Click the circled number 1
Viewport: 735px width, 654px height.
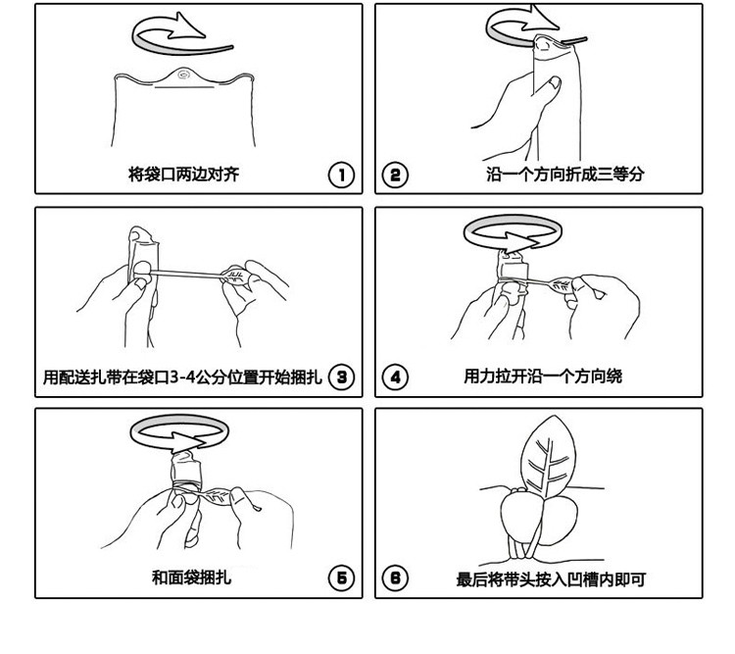(341, 175)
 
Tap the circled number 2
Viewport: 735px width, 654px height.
(396, 175)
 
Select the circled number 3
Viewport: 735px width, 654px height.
(341, 377)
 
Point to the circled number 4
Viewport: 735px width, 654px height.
(396, 377)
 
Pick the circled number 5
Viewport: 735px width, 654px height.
(341, 578)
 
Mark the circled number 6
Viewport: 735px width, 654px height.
(396, 578)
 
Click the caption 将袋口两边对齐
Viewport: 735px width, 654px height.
(184, 175)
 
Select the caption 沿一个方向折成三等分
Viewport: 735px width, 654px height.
(564, 175)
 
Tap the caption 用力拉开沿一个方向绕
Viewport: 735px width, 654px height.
(543, 377)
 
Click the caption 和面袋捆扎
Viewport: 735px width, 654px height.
(191, 578)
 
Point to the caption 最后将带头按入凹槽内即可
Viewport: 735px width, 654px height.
(551, 579)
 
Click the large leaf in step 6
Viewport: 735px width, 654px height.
(548, 456)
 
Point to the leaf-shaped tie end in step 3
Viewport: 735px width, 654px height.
(236, 276)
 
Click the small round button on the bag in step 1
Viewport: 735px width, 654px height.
(183, 75)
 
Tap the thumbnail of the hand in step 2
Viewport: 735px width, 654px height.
(555, 83)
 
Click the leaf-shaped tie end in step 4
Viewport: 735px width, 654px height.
(562, 284)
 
